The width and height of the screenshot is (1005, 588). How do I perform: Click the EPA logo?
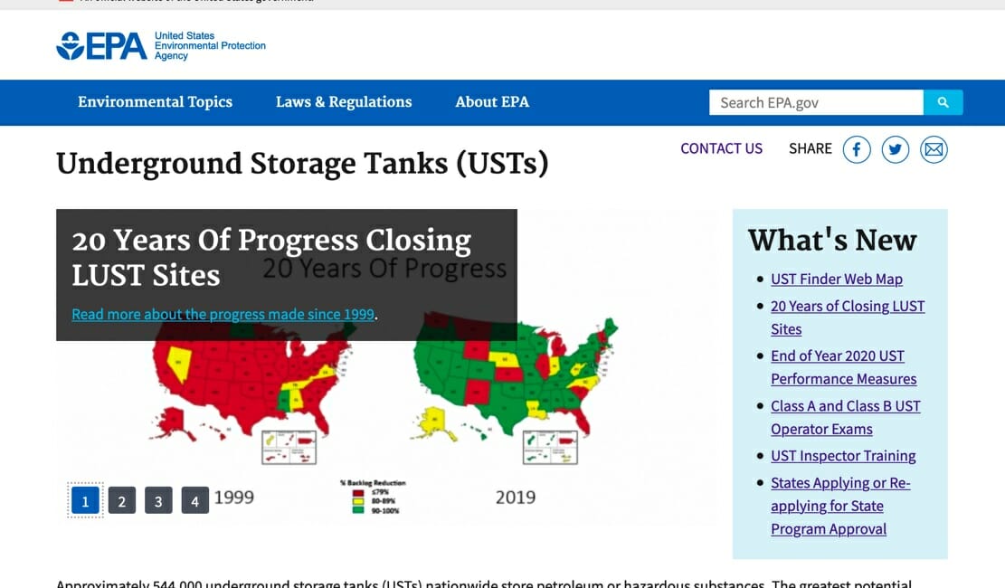[x=101, y=45]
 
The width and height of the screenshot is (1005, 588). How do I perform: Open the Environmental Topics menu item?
[x=155, y=102]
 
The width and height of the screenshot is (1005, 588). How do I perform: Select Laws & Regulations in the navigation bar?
[x=344, y=102]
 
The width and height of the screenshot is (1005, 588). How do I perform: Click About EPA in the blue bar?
[x=492, y=102]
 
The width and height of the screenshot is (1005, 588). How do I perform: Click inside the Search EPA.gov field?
[x=814, y=103]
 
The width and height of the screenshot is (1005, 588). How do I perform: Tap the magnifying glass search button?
[x=943, y=103]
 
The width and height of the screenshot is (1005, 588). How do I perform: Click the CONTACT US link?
[x=721, y=148]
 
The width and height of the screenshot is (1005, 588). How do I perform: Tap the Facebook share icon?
[x=857, y=149]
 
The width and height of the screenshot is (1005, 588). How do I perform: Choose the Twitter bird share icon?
[x=895, y=149]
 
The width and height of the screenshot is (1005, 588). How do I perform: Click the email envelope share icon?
[x=934, y=149]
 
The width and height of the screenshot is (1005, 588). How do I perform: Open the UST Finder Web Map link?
[x=836, y=280]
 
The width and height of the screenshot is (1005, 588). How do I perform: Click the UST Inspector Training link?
[x=843, y=456]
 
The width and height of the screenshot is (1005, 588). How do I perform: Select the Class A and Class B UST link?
[x=845, y=406]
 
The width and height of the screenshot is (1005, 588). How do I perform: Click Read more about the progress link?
[x=223, y=315]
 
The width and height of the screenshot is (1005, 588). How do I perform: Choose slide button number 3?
[x=158, y=500]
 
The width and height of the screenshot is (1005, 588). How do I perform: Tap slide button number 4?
[x=194, y=500]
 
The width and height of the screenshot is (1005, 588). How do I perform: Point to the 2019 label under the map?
[x=515, y=497]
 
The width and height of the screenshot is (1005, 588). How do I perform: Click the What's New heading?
[x=832, y=241]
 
